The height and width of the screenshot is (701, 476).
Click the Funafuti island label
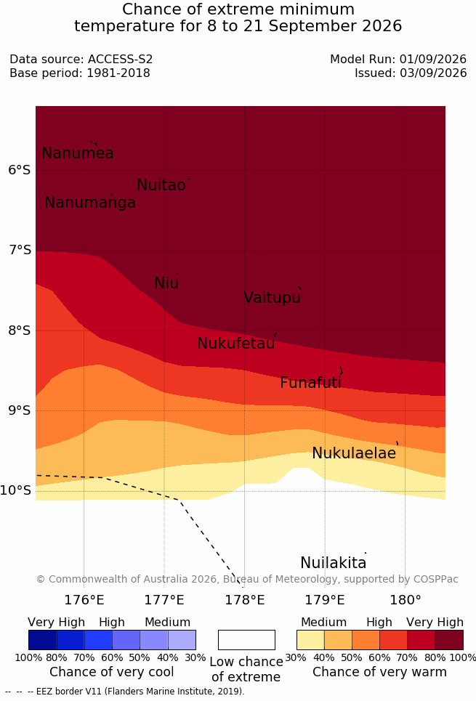tap(310, 383)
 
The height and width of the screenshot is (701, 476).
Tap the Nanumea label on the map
tap(77, 153)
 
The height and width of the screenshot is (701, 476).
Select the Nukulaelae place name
tap(354, 453)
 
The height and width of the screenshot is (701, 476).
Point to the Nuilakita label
tap(334, 562)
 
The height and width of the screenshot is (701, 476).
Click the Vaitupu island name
tap(272, 297)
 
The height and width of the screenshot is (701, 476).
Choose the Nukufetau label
tap(235, 344)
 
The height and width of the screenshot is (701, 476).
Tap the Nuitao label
tap(161, 185)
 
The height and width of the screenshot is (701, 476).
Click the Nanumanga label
tap(90, 203)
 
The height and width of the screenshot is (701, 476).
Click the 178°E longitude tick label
tap(245, 600)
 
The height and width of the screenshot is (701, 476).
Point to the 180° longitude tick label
tap(406, 600)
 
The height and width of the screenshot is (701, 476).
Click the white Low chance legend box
tap(246, 640)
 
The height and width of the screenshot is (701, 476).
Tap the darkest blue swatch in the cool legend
tap(42, 640)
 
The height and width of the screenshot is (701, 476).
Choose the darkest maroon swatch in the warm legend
tap(449, 640)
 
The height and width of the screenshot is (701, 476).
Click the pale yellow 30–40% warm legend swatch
tap(310, 640)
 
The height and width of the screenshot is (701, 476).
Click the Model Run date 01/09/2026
tap(433, 59)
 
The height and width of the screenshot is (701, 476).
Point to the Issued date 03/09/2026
tap(433, 73)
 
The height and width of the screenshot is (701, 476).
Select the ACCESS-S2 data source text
tap(120, 59)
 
